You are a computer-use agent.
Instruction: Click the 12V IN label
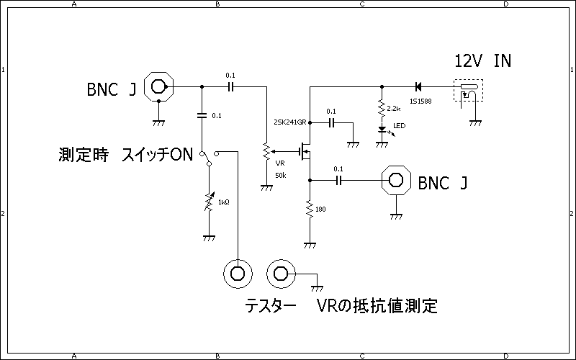click(483, 60)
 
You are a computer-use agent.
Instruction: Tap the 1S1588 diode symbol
click(418, 86)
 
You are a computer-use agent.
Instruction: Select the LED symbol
click(382, 130)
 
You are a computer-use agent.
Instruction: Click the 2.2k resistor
click(382, 109)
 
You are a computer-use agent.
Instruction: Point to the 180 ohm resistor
click(310, 210)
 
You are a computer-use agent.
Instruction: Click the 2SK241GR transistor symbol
click(306, 151)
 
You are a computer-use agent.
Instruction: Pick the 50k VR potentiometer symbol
click(266, 153)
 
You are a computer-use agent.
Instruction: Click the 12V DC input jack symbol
click(469, 92)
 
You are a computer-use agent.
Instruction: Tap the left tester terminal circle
click(237, 273)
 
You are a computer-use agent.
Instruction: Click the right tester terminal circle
click(280, 273)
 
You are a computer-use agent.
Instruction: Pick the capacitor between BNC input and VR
click(230, 86)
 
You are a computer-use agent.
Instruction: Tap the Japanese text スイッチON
click(158, 154)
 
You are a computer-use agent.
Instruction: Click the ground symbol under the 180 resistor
click(310, 245)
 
